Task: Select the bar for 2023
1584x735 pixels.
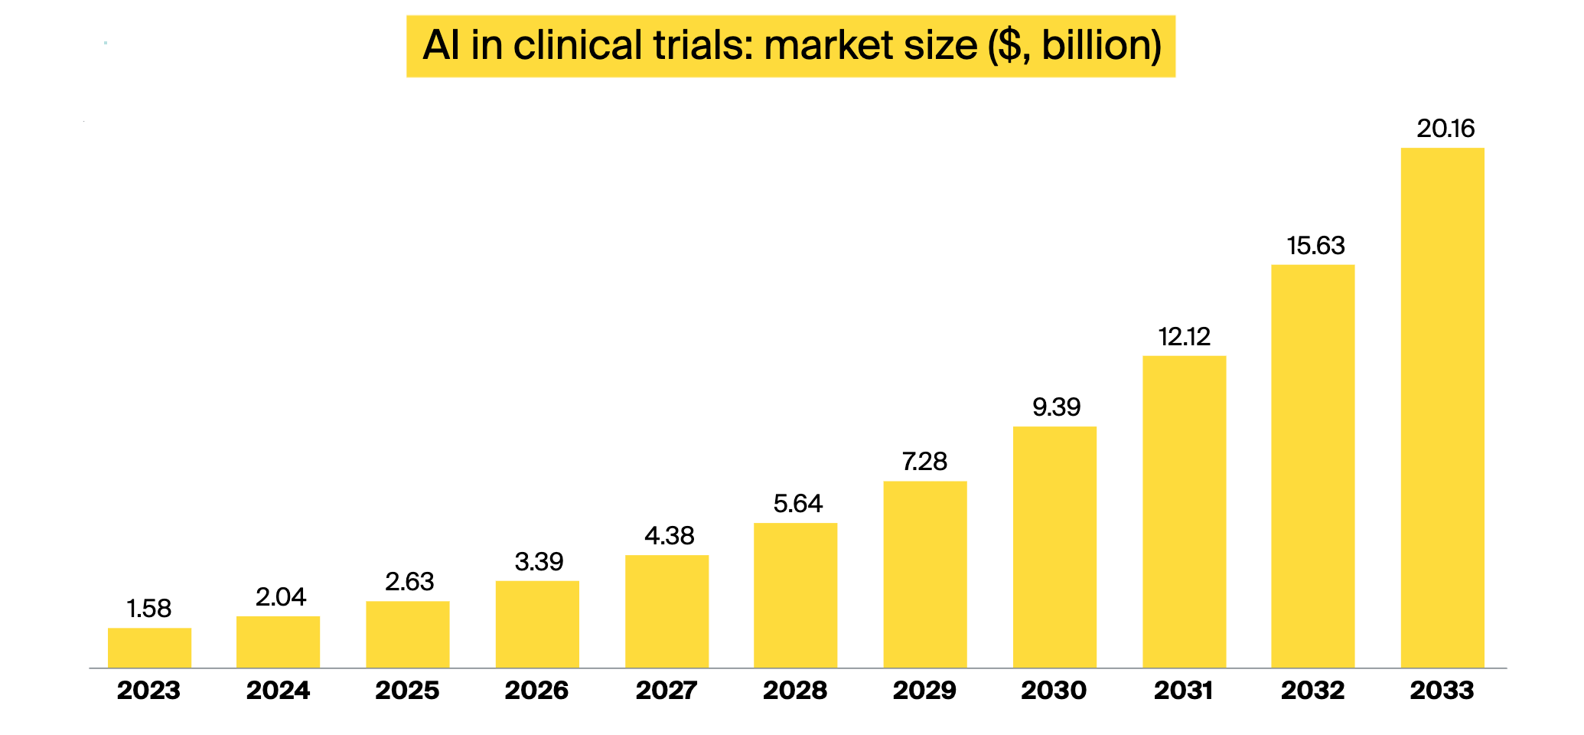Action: [x=149, y=648]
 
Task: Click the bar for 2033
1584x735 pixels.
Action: [x=1442, y=407]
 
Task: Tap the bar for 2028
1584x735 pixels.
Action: [x=795, y=595]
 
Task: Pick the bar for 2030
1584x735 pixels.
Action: [x=1054, y=547]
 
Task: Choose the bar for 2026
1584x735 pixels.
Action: [x=537, y=624]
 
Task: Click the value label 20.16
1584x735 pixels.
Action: [x=1445, y=129]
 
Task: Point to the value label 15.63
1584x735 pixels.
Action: [x=1315, y=246]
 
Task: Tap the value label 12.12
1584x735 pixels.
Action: [x=1184, y=337]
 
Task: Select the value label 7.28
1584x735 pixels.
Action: [x=924, y=462]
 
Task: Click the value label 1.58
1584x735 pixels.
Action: [x=149, y=609]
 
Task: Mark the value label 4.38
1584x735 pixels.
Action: [x=669, y=536]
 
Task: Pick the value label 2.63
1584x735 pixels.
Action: [x=409, y=582]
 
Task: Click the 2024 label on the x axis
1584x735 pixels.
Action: [x=279, y=691]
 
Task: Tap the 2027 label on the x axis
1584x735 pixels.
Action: [x=667, y=691]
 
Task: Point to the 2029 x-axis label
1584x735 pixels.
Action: [x=924, y=691]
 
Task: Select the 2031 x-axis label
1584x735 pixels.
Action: [x=1184, y=691]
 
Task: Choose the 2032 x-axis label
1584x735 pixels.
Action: [x=1313, y=691]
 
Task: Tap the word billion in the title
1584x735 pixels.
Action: [x=1100, y=45]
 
